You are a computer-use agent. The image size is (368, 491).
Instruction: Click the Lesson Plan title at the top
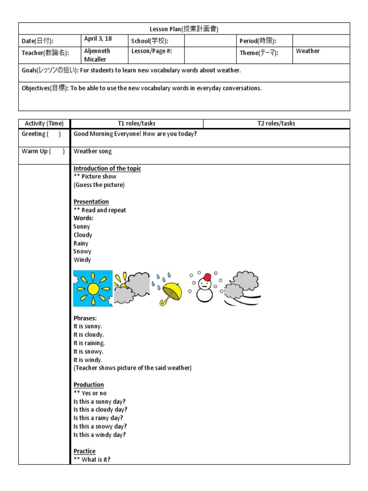[x=184, y=29]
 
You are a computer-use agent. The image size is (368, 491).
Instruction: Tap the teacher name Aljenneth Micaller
[x=98, y=55]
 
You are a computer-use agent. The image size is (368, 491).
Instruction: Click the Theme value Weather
[x=308, y=51]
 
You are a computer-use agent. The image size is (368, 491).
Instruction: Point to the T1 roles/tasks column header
[x=137, y=123]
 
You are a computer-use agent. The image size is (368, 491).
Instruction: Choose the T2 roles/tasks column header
[x=276, y=123]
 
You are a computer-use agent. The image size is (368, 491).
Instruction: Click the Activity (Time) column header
[x=44, y=123]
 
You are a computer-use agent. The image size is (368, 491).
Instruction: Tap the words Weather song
[x=92, y=152]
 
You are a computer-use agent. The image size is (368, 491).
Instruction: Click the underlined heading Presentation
[x=91, y=202]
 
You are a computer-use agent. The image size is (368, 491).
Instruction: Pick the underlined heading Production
[x=89, y=385]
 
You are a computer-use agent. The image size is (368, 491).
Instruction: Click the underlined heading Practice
[x=84, y=451]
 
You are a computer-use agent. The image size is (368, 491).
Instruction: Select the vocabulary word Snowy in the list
[x=82, y=251]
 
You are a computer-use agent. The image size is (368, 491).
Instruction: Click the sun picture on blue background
[x=92, y=288]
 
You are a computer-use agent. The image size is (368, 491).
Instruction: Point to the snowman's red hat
[x=207, y=278]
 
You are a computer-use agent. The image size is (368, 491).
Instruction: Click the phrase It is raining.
[x=89, y=343]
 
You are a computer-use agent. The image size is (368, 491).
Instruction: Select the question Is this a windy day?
[x=100, y=435]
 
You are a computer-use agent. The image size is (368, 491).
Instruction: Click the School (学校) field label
[x=149, y=41]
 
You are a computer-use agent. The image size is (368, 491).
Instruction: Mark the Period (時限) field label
[x=258, y=41]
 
